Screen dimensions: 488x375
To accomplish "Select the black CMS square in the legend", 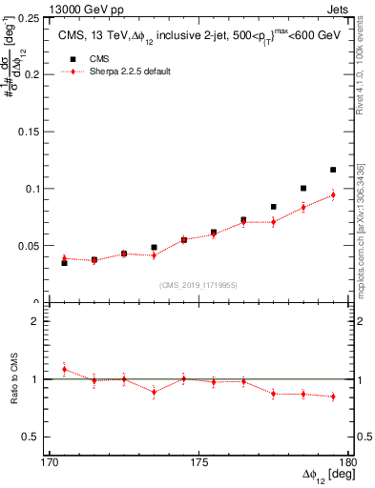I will tap(67, 58).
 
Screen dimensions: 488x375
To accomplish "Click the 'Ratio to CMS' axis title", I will tap(12, 379).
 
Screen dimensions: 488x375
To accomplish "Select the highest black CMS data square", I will tap(333, 170).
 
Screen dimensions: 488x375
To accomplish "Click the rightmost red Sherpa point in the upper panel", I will tap(333, 195).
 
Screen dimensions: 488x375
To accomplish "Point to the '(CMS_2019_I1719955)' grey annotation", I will tap(198, 283).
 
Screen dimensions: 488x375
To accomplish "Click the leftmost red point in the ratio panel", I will tap(64, 369).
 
